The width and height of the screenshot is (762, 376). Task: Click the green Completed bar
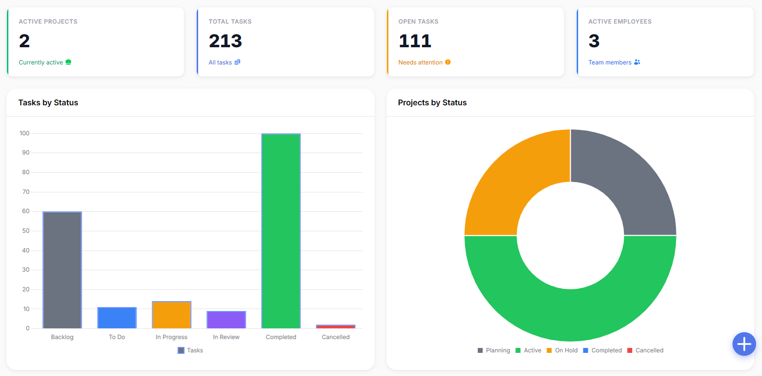coord(281,231)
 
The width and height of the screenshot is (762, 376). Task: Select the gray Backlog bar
coord(62,270)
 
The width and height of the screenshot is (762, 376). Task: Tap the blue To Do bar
coord(117,318)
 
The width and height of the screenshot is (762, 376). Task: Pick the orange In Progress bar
coord(172,314)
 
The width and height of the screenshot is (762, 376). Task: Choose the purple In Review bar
coord(226,319)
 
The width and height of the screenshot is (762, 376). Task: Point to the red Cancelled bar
coord(336,327)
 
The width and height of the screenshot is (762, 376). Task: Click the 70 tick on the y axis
coord(26,192)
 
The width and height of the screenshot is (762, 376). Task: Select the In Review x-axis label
coord(226,337)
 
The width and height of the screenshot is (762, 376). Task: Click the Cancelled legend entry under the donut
coord(645,350)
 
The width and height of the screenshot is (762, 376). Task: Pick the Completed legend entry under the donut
coord(602,350)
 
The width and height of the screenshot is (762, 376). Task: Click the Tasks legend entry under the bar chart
coord(190,350)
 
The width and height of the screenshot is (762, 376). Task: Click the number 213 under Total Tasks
coord(225,41)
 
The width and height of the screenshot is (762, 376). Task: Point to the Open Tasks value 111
coord(415,41)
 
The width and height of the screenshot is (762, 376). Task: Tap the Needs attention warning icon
coord(448,62)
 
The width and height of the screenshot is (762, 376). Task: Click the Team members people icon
coord(637,62)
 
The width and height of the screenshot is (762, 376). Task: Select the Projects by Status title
coord(432,102)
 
